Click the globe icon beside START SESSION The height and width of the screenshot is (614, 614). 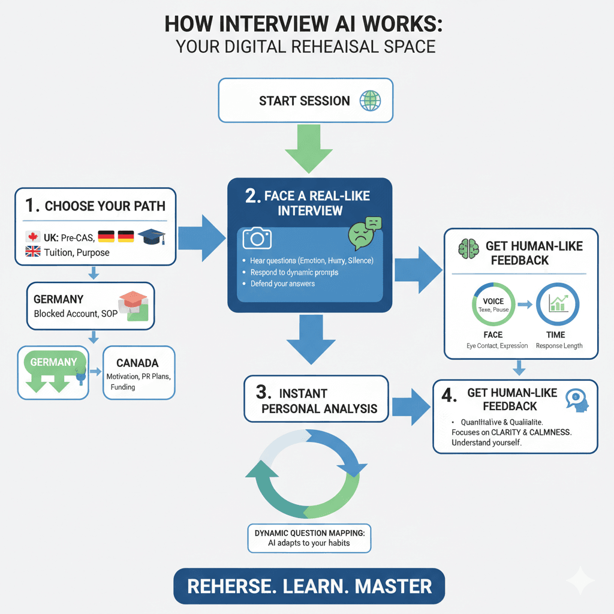[x=369, y=100]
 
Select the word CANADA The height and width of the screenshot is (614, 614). [x=137, y=363]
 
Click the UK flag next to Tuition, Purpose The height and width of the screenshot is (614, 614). [x=33, y=252]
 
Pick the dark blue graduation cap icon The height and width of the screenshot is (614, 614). [x=152, y=237]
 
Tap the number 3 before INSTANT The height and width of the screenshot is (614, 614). [x=261, y=393]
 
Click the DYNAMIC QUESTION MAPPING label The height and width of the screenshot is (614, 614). [x=309, y=531]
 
